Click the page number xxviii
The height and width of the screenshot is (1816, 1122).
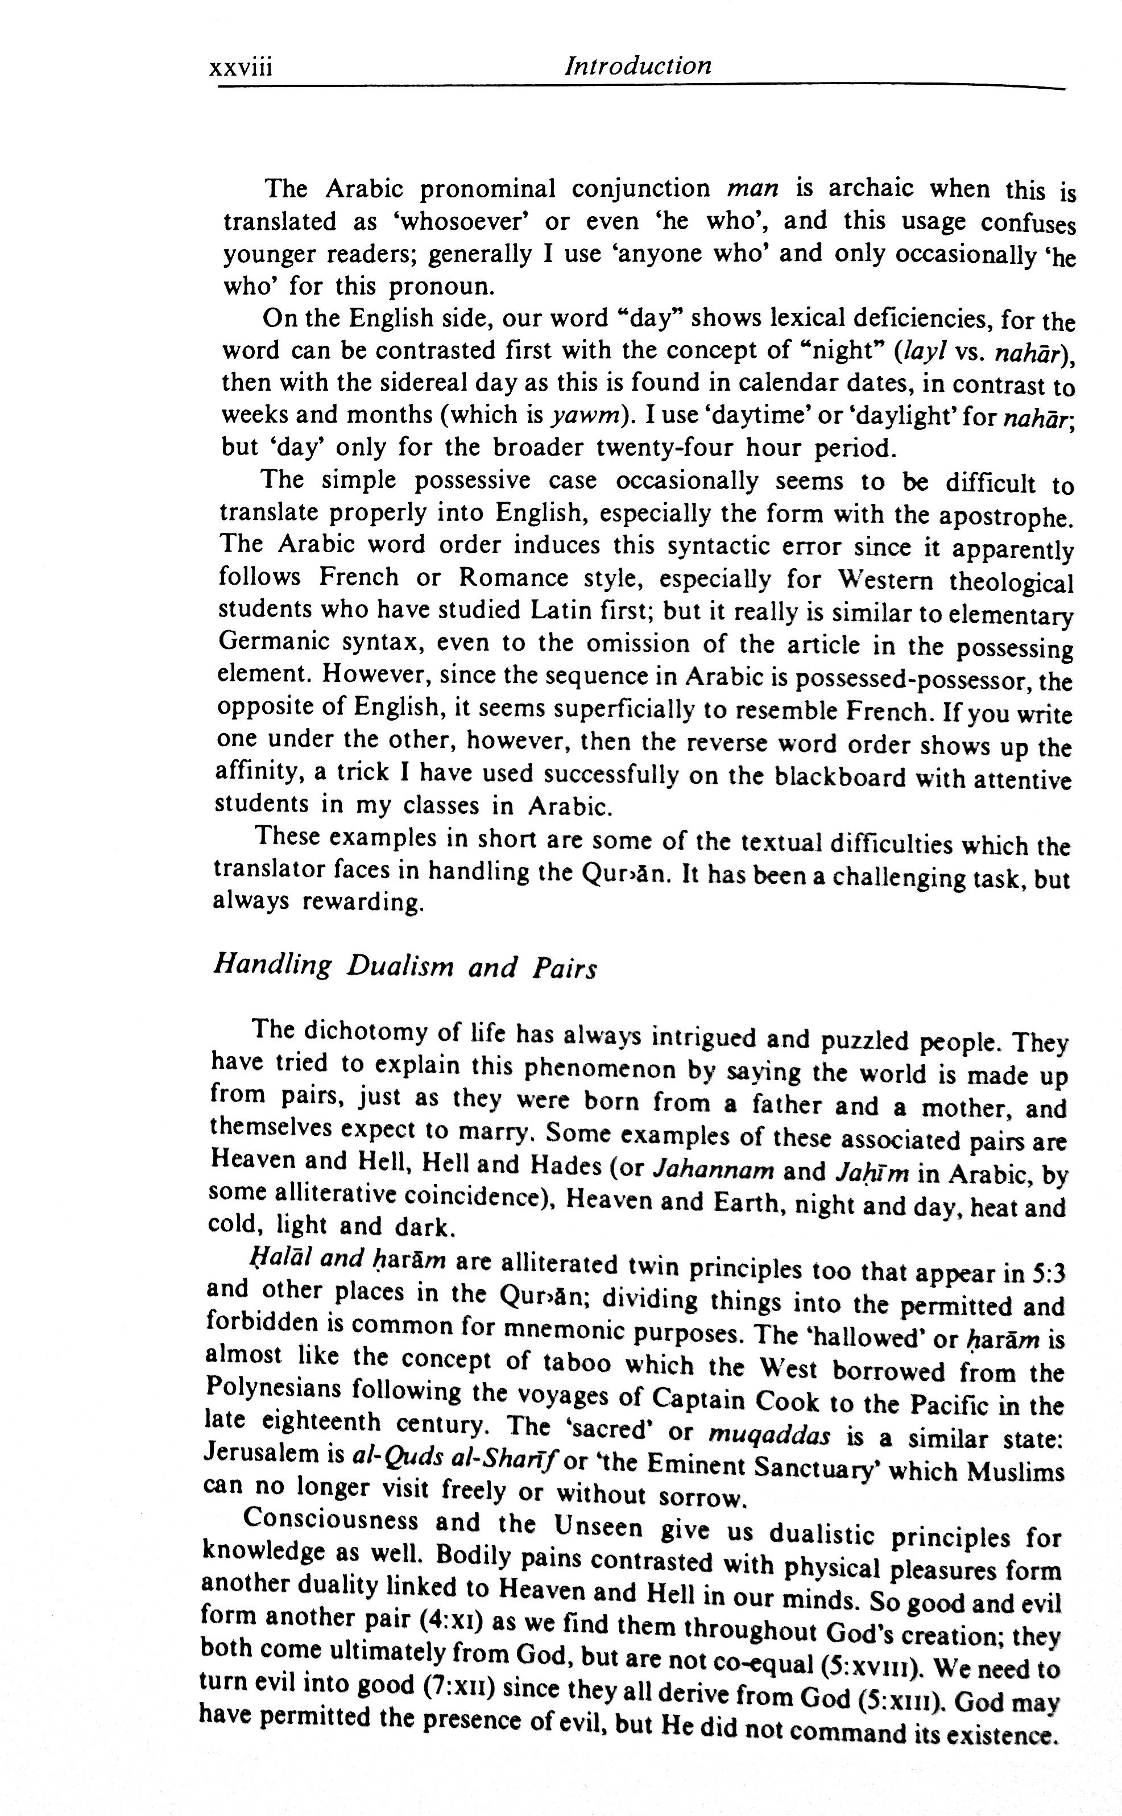click(x=241, y=68)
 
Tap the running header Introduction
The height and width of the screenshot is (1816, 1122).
click(x=637, y=66)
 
